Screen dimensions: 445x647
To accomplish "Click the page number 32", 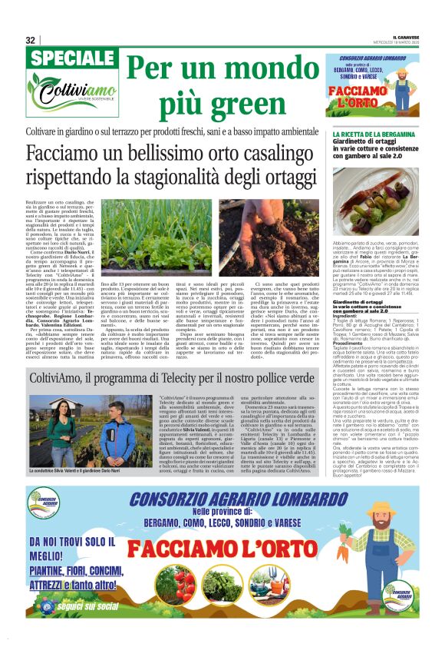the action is [31, 41].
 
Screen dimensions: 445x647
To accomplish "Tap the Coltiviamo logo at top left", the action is [65, 97].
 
